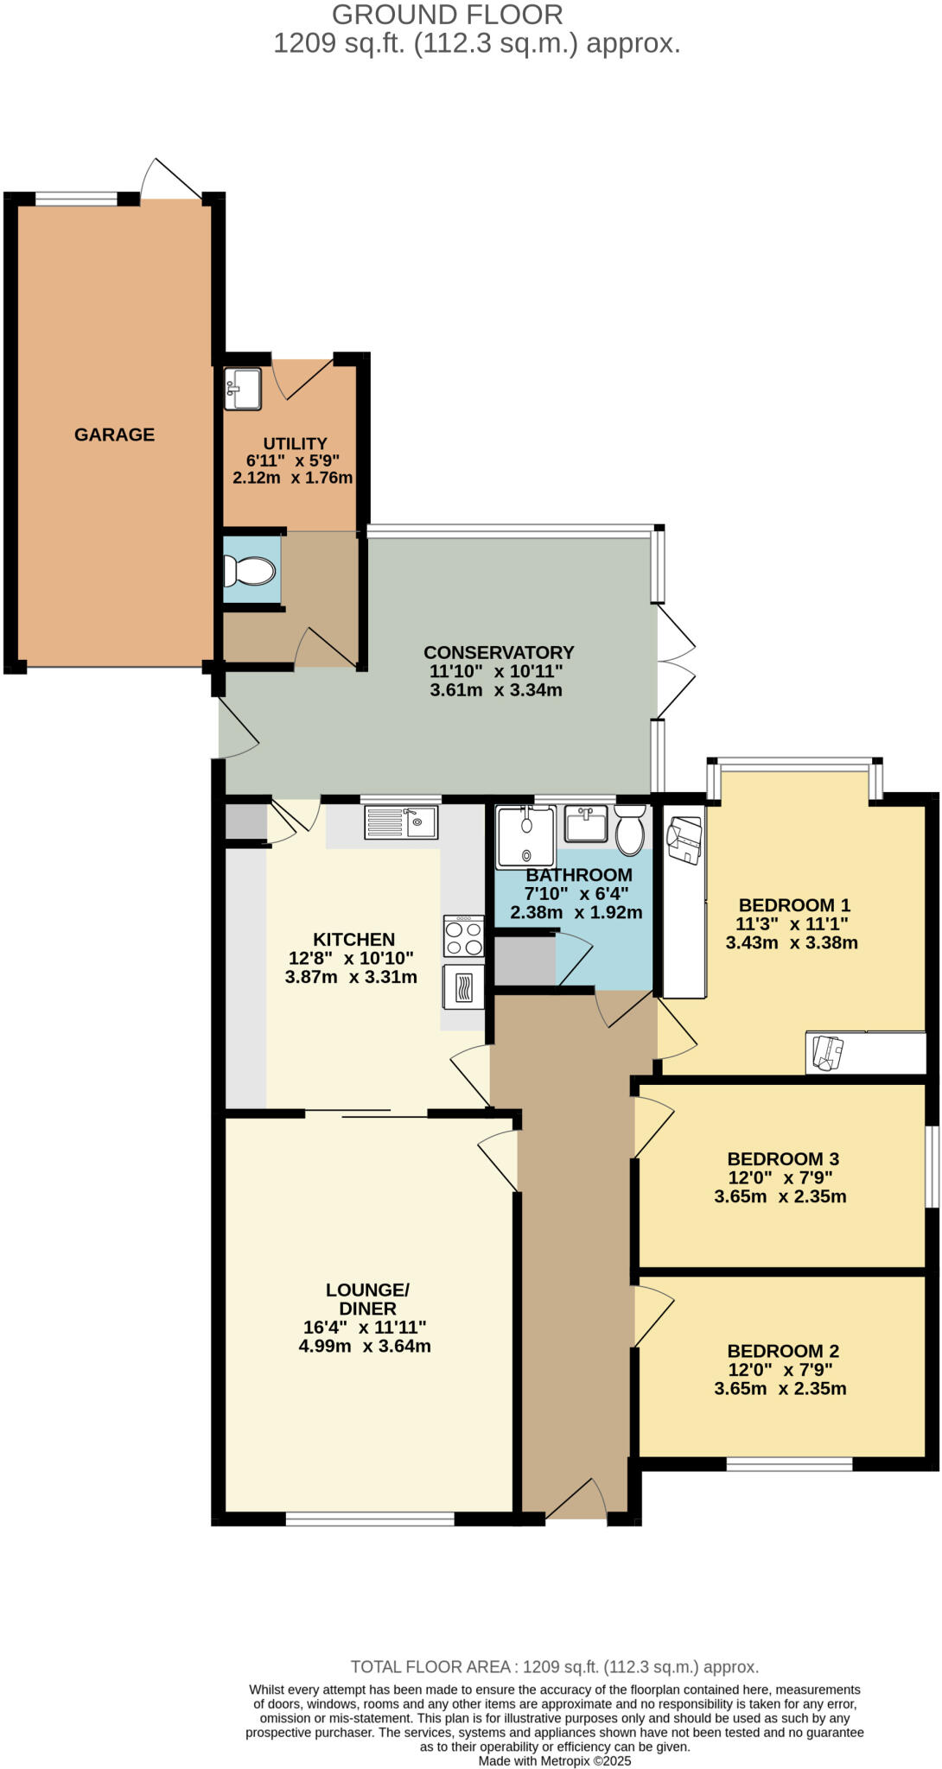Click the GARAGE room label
pos(114,434)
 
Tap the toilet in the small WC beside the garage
pos(250,571)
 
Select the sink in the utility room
pos(243,389)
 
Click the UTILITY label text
pos(295,443)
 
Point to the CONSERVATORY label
pos(499,652)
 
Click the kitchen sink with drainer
pos(401,821)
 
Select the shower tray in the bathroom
pos(525,836)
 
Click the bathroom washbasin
pos(586,823)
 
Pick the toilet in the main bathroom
pos(630,830)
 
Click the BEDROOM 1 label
pos(794,905)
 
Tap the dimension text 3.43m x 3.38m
pos(792,942)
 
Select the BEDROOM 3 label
pos(783,1159)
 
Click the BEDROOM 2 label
pos(783,1351)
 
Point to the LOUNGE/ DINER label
pos(367,1299)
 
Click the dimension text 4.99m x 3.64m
pos(365,1346)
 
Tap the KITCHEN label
pos(353,939)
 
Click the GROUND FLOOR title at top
pos(447,15)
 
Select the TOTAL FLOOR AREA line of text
pos(554,1667)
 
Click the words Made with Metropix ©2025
pos(555,1760)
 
